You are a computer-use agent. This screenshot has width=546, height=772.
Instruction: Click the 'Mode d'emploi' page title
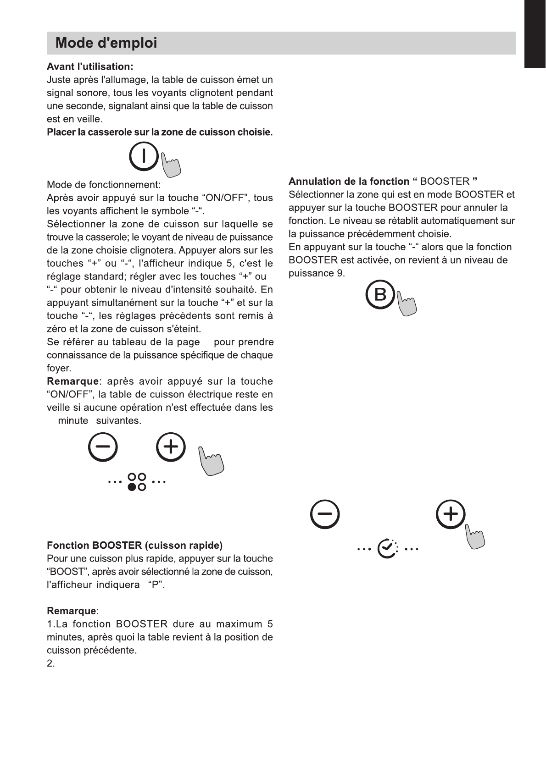(106, 44)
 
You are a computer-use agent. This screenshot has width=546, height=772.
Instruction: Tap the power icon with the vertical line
(144, 156)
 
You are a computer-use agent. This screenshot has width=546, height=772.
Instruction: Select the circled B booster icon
(380, 294)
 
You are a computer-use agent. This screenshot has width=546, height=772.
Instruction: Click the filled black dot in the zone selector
(132, 487)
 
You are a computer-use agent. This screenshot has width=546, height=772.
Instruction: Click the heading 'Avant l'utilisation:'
(90, 67)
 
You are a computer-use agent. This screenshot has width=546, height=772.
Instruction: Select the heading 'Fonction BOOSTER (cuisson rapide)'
(134, 546)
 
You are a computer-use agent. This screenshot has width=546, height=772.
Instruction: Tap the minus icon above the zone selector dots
(103, 447)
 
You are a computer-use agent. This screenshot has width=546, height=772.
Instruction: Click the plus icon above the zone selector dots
(171, 447)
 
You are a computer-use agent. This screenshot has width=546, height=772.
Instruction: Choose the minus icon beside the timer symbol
(325, 514)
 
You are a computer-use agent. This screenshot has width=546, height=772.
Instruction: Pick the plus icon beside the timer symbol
(451, 514)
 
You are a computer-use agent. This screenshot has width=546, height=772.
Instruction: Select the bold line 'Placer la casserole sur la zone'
(160, 132)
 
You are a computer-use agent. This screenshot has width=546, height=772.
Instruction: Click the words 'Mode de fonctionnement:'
(103, 185)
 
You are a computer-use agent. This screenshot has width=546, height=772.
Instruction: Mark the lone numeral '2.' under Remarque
(50, 664)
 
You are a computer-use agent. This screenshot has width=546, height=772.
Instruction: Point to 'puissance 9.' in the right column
(316, 274)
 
